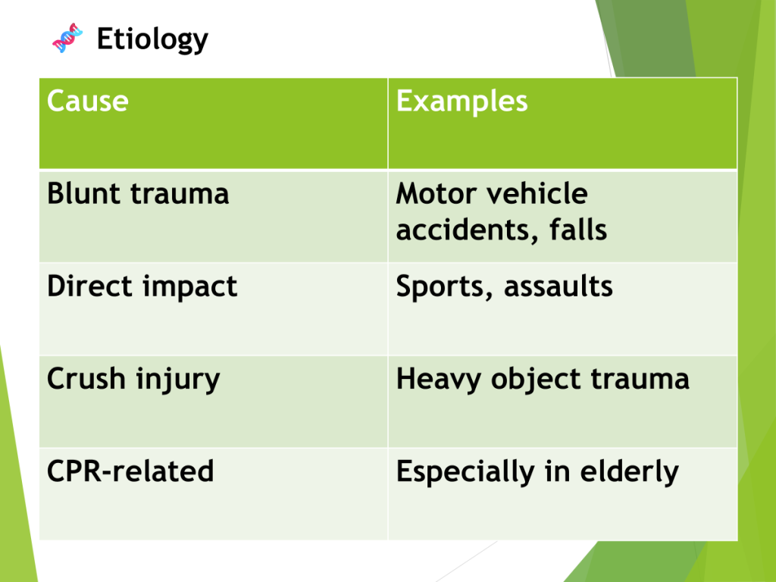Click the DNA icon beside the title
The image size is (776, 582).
point(67,38)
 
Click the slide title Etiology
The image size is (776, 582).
point(152,39)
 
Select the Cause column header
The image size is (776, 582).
point(88,101)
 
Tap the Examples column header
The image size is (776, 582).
point(462,102)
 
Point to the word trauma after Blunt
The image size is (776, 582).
point(180,194)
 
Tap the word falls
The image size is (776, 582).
point(578,230)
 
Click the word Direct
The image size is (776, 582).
point(90,286)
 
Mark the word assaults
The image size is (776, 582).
point(559,286)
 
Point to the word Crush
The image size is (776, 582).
point(86,379)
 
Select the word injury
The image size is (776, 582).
point(177,380)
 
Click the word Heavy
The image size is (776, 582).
point(439,380)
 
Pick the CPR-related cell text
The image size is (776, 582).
point(130,471)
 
